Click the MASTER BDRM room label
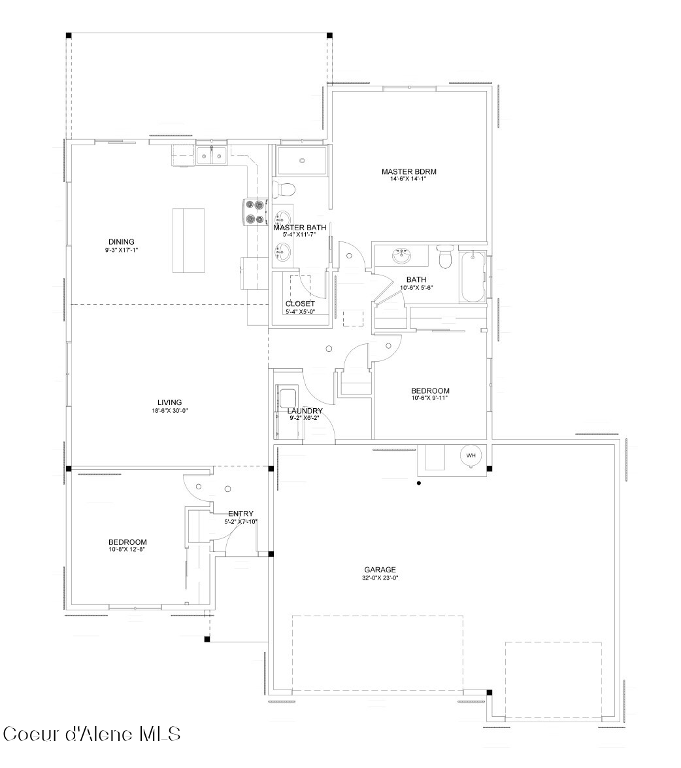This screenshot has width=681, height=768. [409, 171]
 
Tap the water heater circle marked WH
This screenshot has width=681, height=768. [471, 455]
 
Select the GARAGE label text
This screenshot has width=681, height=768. [380, 570]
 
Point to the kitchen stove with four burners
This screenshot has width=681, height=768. [256, 211]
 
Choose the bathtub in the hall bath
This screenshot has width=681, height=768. [473, 277]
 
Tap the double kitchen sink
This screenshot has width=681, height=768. [212, 155]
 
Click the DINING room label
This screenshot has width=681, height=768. [122, 241]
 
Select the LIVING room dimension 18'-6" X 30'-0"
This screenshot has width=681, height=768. [170, 410]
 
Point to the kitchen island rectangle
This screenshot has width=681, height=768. [188, 241]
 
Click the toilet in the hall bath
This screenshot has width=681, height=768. [445, 257]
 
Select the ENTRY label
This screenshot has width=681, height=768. [241, 514]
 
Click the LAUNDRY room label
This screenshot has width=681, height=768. [305, 410]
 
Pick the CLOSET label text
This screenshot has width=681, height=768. [301, 304]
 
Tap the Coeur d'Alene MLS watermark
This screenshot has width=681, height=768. [92, 734]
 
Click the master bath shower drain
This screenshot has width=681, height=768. [302, 160]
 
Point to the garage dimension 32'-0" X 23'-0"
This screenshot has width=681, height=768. [380, 578]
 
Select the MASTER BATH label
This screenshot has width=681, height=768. [300, 228]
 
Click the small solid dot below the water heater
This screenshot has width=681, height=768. [419, 483]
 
